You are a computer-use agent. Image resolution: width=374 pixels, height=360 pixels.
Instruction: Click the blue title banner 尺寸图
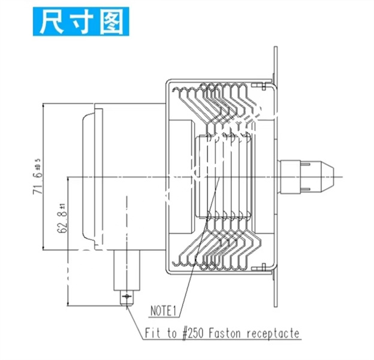(x=81, y=22)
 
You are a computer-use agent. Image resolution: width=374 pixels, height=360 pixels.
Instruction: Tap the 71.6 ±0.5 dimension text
(x=38, y=176)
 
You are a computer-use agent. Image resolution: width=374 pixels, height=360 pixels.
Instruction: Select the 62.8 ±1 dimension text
(x=62, y=218)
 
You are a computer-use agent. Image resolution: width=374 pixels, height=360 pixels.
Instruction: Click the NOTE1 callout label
(x=163, y=311)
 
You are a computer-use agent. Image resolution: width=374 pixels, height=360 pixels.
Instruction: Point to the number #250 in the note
(x=193, y=333)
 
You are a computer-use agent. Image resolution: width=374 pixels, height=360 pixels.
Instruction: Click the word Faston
(x=225, y=333)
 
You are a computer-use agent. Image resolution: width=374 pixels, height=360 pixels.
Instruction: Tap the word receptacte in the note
(x=273, y=334)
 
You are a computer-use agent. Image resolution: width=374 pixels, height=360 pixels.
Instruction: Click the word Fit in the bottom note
(x=152, y=333)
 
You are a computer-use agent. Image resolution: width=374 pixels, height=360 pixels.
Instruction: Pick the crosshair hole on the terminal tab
(x=126, y=296)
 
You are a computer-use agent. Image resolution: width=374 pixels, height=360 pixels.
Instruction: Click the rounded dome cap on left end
(x=89, y=176)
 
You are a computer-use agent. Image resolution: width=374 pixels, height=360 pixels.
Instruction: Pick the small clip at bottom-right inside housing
(x=263, y=267)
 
